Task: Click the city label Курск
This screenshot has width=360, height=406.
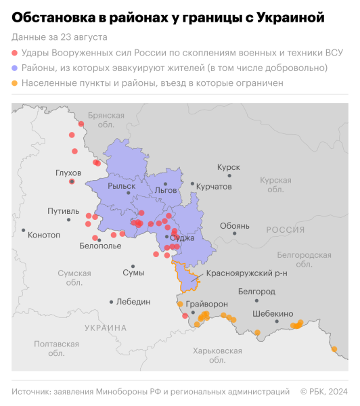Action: [x=229, y=166]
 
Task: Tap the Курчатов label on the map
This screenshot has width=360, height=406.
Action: [x=214, y=185]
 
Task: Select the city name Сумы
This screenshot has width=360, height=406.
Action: [x=133, y=273]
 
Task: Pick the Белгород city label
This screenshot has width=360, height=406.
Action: [x=257, y=291]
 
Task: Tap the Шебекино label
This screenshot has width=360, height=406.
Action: [x=273, y=314]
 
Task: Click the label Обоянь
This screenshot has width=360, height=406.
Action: [x=235, y=225]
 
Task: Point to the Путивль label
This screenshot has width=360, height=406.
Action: [x=63, y=211]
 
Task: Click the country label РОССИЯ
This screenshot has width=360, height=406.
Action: [x=286, y=230]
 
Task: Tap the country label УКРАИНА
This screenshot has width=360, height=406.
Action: [x=106, y=328]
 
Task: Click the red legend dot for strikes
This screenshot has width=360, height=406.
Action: [x=16, y=53]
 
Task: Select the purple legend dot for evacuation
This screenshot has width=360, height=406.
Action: [x=16, y=68]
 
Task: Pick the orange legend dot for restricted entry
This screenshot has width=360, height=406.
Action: [x=16, y=84]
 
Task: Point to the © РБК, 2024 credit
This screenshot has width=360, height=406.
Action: [x=323, y=391]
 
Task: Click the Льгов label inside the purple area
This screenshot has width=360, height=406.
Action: [x=166, y=191]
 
